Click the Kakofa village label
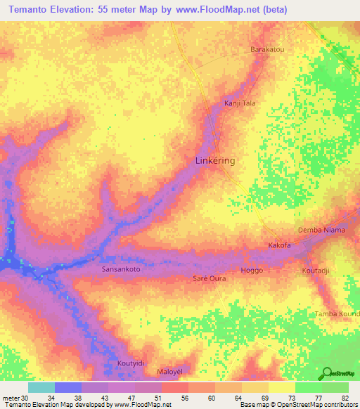click(280, 245)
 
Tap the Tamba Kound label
click(337, 313)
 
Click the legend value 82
click(344, 397)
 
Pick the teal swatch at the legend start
click(41, 387)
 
